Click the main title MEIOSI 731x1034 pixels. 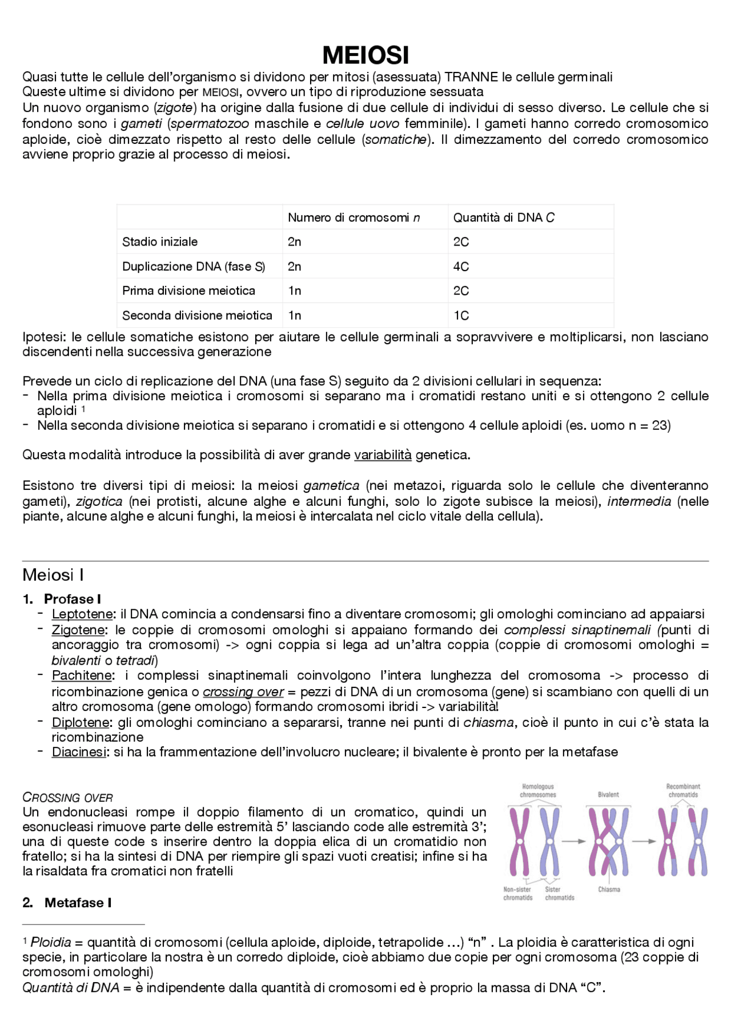click(x=365, y=55)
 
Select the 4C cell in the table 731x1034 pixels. click(x=461, y=267)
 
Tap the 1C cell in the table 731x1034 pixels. click(x=461, y=316)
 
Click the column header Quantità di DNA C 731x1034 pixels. click(x=504, y=218)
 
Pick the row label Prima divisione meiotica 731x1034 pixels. click(x=188, y=291)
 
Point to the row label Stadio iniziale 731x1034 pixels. click(x=160, y=242)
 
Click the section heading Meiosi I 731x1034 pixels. click(x=53, y=575)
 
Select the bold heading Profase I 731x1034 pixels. click(x=72, y=599)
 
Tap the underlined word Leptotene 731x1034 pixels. click(x=82, y=614)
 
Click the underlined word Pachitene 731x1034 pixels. click(x=82, y=676)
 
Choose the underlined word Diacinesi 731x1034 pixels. click(x=79, y=753)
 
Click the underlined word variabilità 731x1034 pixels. click(x=383, y=455)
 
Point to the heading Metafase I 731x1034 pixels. click(x=78, y=903)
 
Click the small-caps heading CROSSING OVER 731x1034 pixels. click(x=67, y=798)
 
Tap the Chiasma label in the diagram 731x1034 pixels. click(x=609, y=890)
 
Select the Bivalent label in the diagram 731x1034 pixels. click(x=608, y=795)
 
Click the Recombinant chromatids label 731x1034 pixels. click(x=683, y=791)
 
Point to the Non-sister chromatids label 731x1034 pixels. click(x=517, y=894)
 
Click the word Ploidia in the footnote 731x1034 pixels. click(x=51, y=942)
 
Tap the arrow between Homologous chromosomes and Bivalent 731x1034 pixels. click(x=574, y=841)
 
